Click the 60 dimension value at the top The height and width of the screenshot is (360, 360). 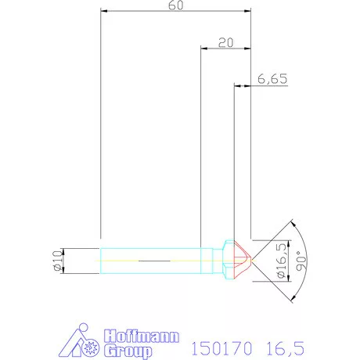176,5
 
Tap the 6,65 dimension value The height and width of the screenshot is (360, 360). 270,79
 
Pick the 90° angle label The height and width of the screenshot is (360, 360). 301,257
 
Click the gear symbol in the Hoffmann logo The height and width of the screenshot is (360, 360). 92,346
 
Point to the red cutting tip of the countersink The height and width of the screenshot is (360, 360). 244,257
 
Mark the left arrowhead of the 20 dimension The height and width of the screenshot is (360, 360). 203,49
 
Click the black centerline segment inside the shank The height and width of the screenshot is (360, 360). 153,257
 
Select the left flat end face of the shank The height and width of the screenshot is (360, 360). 101,258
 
